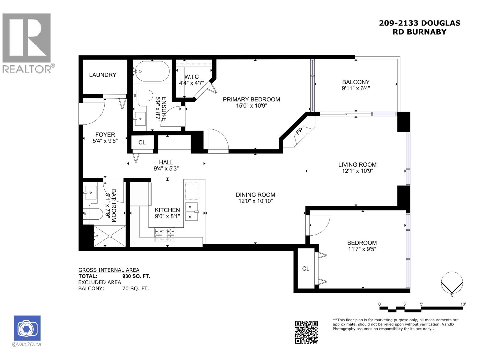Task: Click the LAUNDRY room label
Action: (x=103, y=75)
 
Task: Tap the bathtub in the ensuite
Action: (x=152, y=71)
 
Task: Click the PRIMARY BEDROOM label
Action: (x=251, y=100)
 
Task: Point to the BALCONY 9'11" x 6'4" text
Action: (x=356, y=85)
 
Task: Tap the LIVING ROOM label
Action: (x=357, y=165)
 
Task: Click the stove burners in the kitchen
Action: (x=165, y=235)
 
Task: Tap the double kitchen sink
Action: (x=192, y=211)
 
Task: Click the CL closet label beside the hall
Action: (x=142, y=143)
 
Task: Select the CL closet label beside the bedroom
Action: (x=306, y=269)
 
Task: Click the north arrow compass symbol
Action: (x=452, y=283)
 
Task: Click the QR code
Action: (x=306, y=332)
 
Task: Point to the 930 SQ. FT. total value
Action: (x=136, y=276)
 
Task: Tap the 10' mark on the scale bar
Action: (x=463, y=304)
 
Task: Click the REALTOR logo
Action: (x=27, y=42)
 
